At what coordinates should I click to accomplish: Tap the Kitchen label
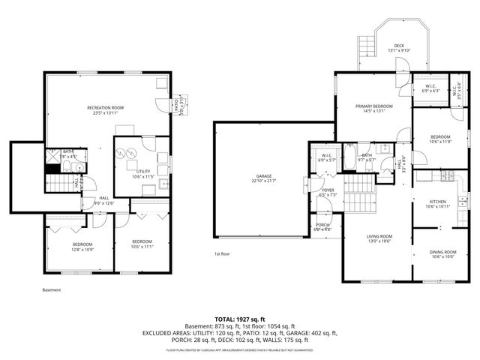[438, 202]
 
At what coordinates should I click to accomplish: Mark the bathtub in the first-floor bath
[349, 157]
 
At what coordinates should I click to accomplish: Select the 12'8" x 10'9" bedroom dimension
[82, 249]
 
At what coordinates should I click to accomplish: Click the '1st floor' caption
[223, 253]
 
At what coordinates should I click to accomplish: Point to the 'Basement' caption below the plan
[52, 289]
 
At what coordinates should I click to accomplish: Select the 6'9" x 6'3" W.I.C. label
[430, 88]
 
